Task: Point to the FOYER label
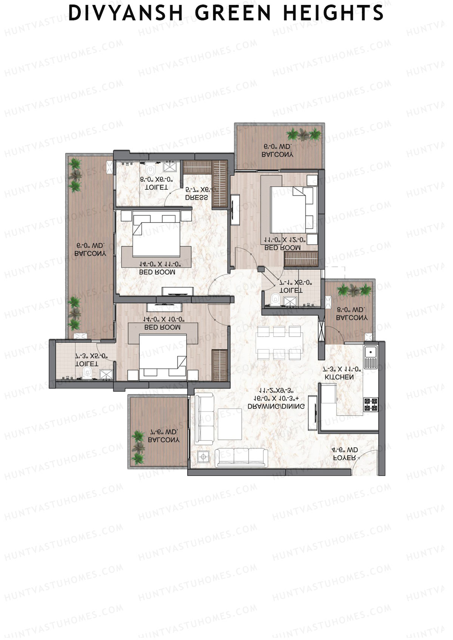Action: [x=344, y=458]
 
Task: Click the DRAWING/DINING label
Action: [x=276, y=407]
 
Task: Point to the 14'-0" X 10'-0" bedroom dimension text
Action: [x=163, y=319]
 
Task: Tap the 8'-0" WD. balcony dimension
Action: [x=351, y=309]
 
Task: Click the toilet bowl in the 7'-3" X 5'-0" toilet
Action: [x=87, y=373]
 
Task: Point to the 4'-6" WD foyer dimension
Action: [x=345, y=450]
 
